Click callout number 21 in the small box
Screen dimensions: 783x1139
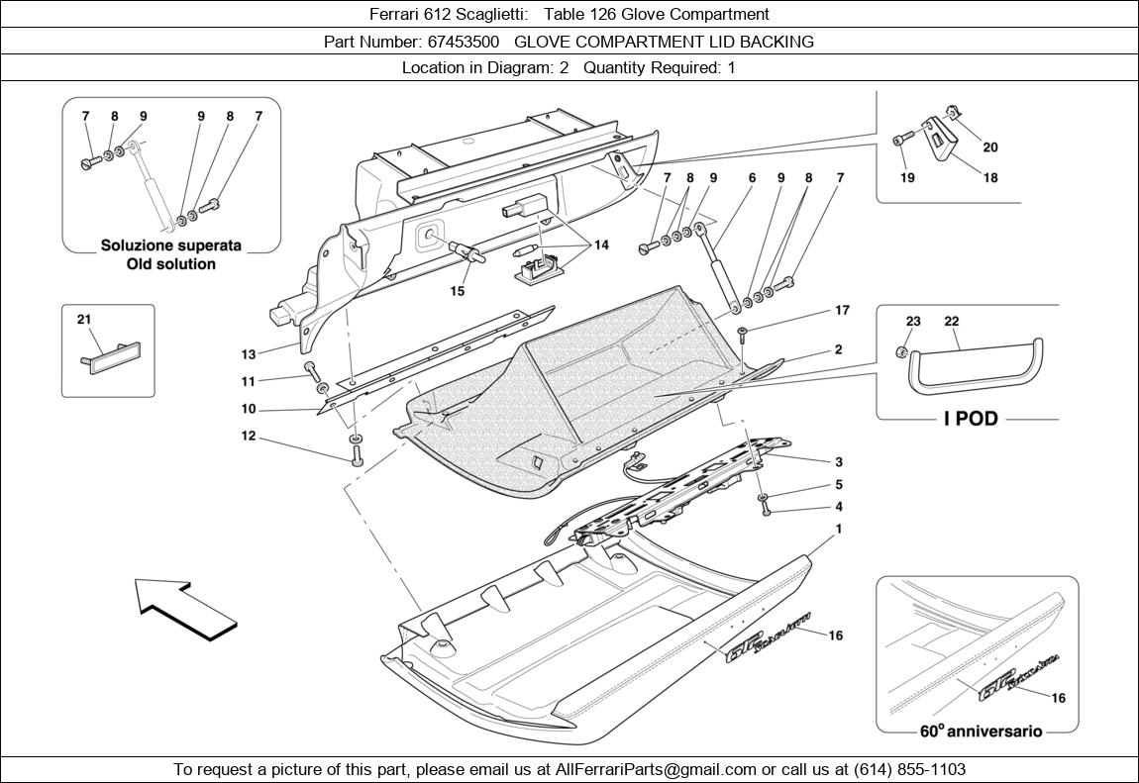pyautogui.click(x=83, y=319)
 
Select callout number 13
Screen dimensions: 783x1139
pyautogui.click(x=249, y=354)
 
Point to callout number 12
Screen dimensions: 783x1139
pyautogui.click(x=249, y=436)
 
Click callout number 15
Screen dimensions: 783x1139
pyautogui.click(x=458, y=291)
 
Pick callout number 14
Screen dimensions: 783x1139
pyautogui.click(x=601, y=244)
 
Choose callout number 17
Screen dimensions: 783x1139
pyautogui.click(x=842, y=311)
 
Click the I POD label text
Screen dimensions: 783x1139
pyautogui.click(x=970, y=419)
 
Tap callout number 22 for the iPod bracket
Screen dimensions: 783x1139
pyautogui.click(x=952, y=322)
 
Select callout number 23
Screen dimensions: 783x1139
pyautogui.click(x=913, y=322)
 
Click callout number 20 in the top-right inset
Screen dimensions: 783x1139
pyautogui.click(x=990, y=147)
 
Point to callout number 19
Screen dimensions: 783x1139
pyautogui.click(x=907, y=178)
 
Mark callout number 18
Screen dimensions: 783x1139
pyautogui.click(x=990, y=178)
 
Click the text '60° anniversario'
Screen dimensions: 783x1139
pyautogui.click(x=981, y=732)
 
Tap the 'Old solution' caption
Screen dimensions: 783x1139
pyautogui.click(x=171, y=264)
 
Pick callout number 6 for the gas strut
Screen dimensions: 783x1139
pyautogui.click(x=752, y=178)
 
